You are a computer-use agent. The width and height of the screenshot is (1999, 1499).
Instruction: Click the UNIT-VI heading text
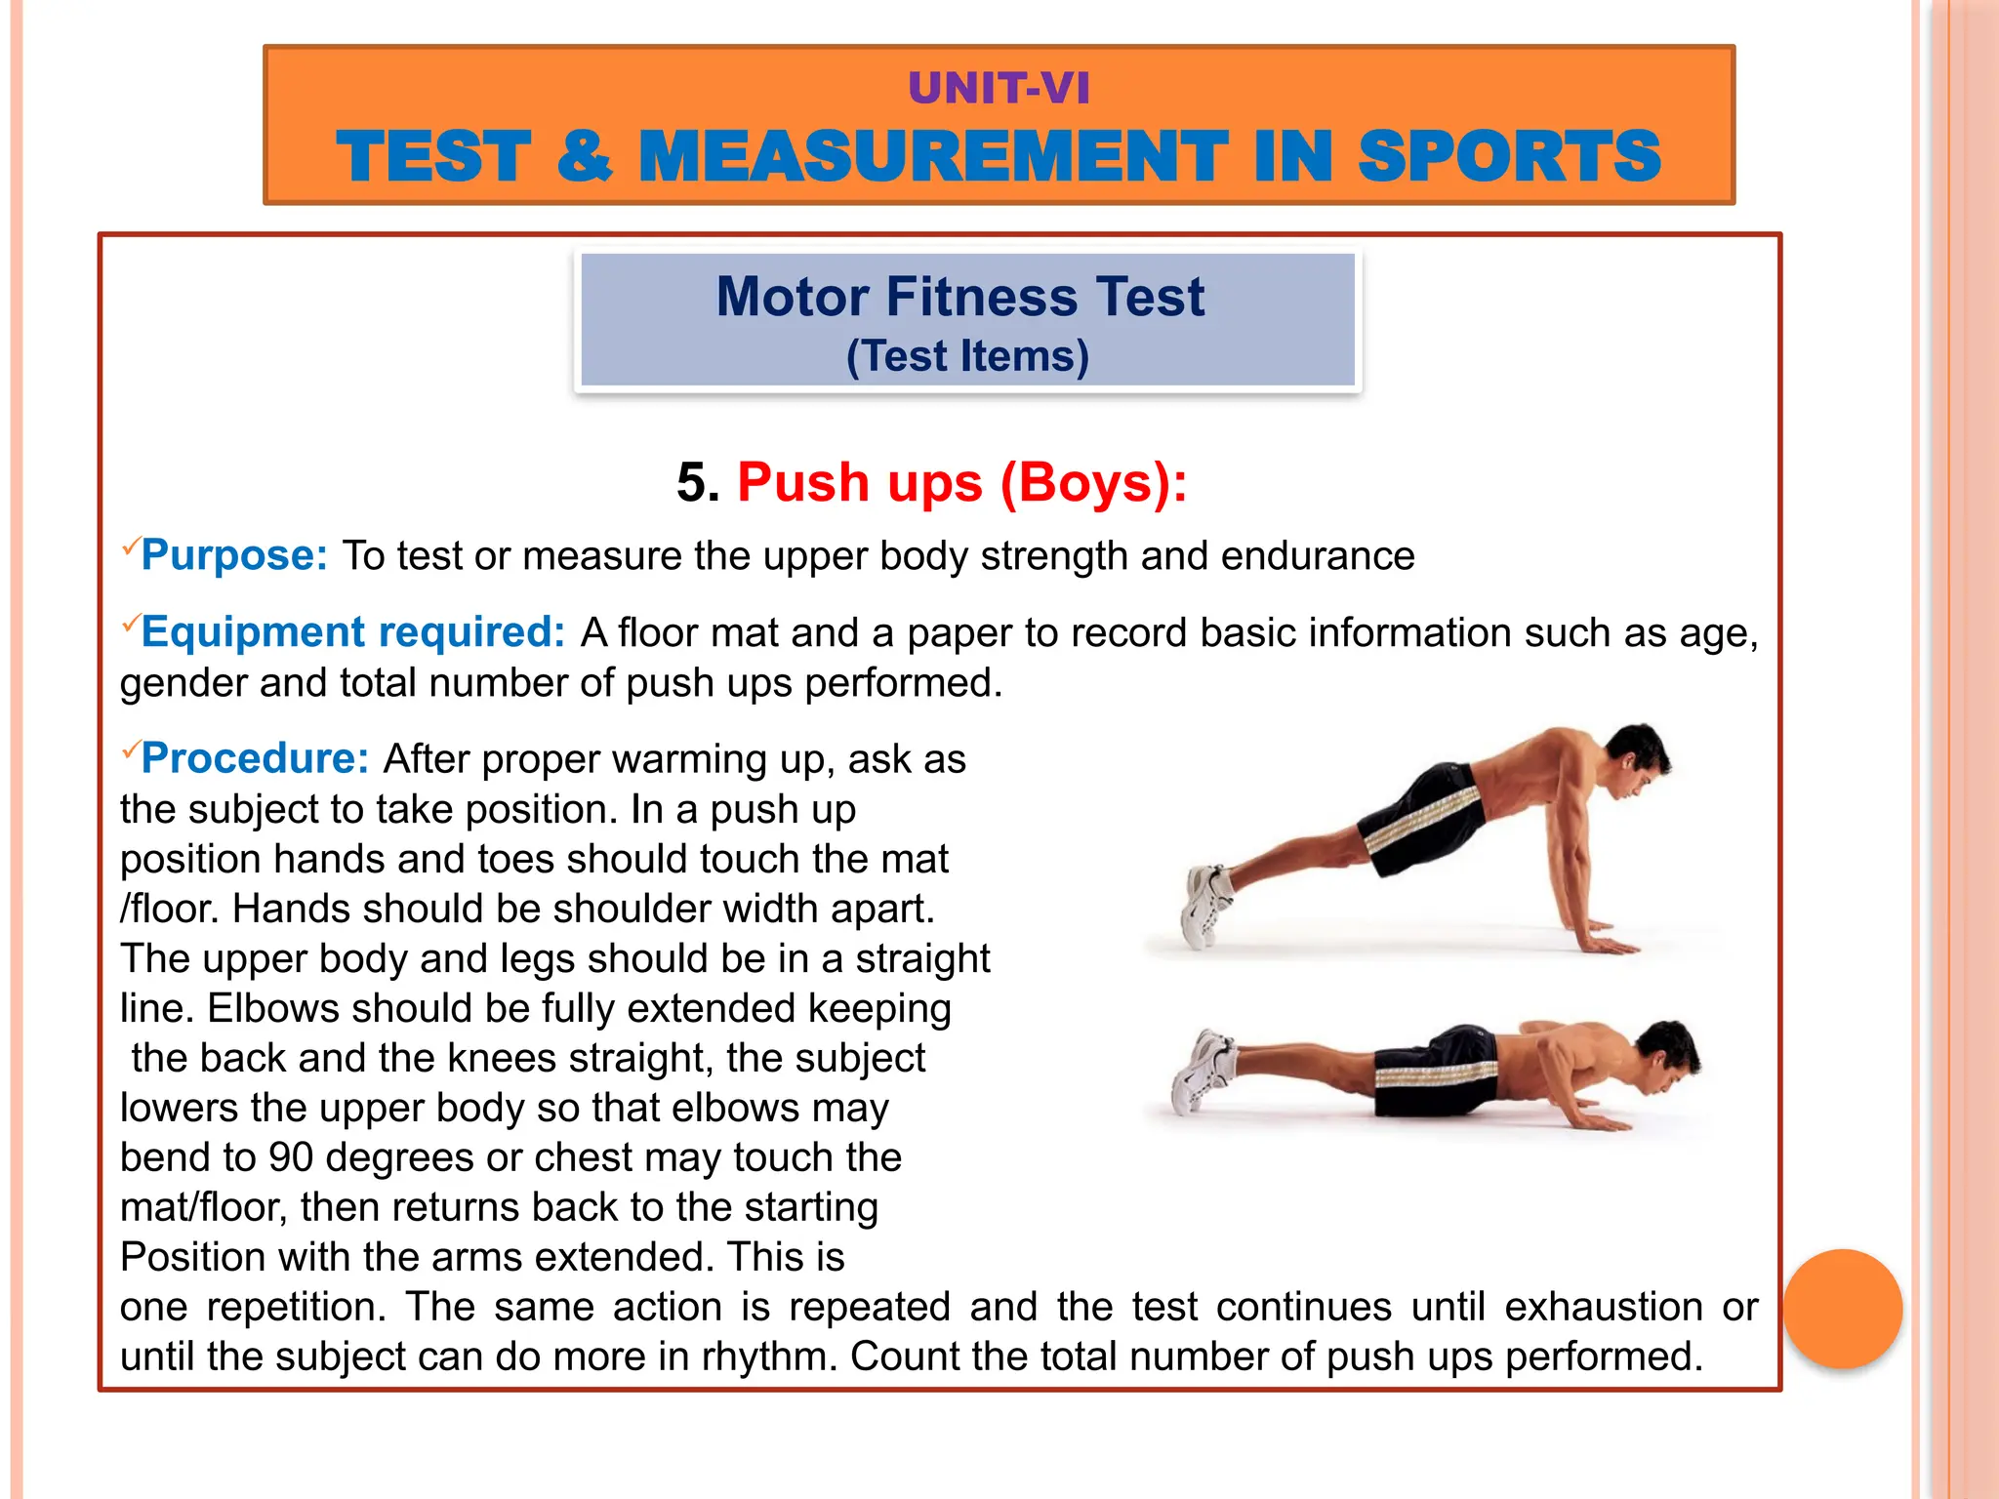pyautogui.click(x=999, y=89)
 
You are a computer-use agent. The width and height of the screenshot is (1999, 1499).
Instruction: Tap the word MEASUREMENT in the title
pyautogui.click(x=932, y=156)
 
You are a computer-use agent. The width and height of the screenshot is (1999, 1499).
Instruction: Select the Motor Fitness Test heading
pyautogui.click(x=960, y=297)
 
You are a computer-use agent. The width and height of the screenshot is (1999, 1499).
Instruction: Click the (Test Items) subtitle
pyautogui.click(x=967, y=356)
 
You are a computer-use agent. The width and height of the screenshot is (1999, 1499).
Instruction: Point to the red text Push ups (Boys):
pyautogui.click(x=961, y=482)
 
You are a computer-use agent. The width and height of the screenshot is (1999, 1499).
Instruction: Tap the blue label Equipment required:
pyautogui.click(x=352, y=632)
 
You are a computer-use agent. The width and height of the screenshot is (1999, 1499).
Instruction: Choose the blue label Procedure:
pyautogui.click(x=255, y=758)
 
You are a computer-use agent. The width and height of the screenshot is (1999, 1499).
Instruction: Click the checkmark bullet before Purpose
pyautogui.click(x=130, y=547)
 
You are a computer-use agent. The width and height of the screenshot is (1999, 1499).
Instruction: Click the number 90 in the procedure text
pyautogui.click(x=291, y=1157)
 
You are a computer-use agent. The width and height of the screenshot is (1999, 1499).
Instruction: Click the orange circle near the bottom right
pyautogui.click(x=1843, y=1309)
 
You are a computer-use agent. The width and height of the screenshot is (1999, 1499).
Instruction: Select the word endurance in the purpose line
pyautogui.click(x=1317, y=556)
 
